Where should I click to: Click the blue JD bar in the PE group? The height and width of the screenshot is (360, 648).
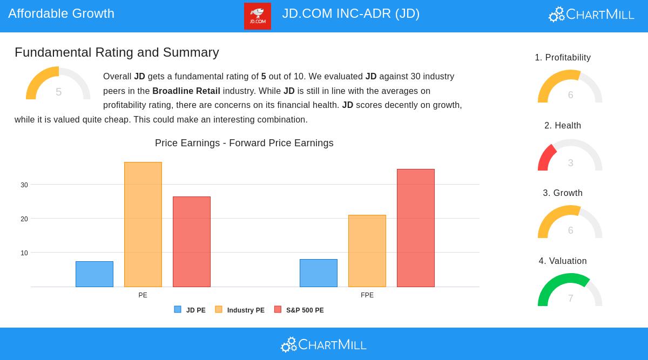[x=94, y=274]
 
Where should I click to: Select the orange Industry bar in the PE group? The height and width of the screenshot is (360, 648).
[x=143, y=225]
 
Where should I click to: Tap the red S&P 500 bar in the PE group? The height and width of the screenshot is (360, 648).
[x=192, y=242]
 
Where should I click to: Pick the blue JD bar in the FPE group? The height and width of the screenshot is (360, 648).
[x=319, y=273]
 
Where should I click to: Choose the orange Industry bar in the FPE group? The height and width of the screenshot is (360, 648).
[x=367, y=251]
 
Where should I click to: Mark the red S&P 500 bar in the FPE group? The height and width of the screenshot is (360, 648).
[x=416, y=228]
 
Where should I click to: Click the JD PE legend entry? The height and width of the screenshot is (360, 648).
[x=190, y=310]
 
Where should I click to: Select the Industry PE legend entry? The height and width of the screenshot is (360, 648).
[x=240, y=310]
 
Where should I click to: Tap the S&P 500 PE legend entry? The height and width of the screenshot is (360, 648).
[x=299, y=310]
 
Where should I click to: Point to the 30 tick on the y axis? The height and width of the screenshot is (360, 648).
[x=24, y=185]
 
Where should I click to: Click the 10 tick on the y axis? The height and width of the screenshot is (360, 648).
[x=24, y=253]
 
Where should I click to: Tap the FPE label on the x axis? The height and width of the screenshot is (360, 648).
[x=367, y=295]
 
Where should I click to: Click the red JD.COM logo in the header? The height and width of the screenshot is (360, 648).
[x=258, y=16]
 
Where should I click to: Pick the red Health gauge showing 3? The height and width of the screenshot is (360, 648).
[x=570, y=155]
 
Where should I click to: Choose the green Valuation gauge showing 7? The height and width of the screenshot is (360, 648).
[x=570, y=290]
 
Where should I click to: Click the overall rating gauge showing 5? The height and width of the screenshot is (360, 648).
[x=58, y=84]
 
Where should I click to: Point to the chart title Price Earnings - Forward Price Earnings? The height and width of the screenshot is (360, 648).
[x=244, y=143]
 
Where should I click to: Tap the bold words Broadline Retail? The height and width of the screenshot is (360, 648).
[x=186, y=91]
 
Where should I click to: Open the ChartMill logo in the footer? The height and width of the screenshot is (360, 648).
[x=324, y=344]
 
